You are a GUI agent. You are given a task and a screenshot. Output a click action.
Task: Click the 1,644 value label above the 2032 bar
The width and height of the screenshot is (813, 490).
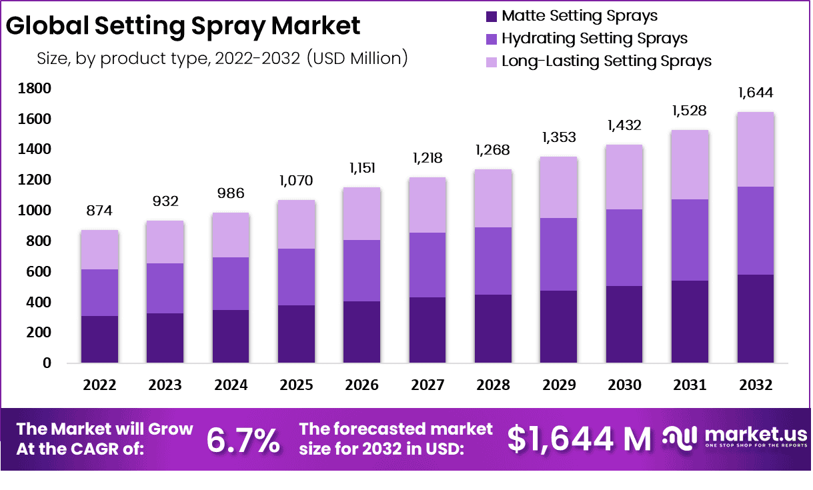755,92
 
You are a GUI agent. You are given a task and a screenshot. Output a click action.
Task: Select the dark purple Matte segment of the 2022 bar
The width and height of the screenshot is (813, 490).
99,339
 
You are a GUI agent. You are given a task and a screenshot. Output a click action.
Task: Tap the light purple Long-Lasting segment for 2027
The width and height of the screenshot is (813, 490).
428,205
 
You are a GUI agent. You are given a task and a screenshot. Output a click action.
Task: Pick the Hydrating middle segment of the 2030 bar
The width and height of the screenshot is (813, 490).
624,247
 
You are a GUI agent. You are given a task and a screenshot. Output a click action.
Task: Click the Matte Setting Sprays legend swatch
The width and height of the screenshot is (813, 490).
492,16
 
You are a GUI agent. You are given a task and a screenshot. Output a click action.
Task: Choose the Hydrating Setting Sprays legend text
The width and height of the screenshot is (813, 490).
594,39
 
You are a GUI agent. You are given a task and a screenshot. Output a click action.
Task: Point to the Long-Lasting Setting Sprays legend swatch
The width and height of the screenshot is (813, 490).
492,61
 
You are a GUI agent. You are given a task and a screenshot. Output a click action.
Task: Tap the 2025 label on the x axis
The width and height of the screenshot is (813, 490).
296,385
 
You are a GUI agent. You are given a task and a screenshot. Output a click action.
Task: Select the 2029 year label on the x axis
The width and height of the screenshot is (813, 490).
559,385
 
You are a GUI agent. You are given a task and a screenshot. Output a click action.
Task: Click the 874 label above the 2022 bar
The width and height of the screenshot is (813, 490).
99,211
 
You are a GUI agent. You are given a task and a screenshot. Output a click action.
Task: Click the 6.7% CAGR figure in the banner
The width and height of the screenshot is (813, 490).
243,439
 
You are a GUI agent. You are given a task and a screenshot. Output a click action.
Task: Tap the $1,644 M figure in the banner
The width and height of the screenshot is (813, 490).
579,439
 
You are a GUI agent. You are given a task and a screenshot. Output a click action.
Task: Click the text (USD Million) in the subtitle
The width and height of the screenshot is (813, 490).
357,58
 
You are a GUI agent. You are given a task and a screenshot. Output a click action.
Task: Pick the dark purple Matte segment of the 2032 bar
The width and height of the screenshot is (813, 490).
756,319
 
